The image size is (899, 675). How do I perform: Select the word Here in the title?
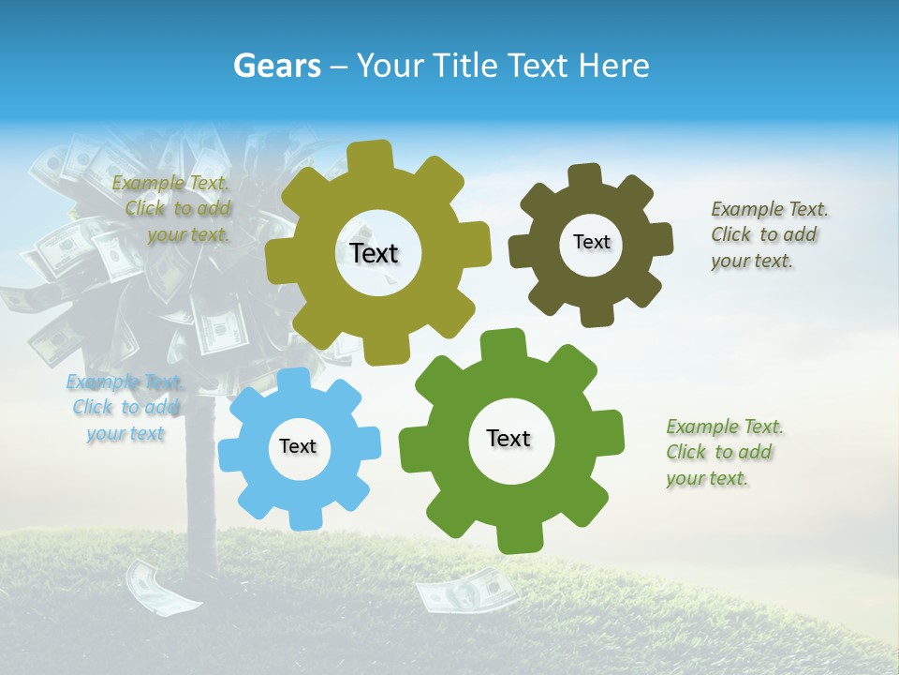pyautogui.click(x=614, y=66)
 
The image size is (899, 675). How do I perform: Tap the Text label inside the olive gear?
pyautogui.click(x=374, y=253)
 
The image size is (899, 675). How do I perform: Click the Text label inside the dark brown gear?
pyautogui.click(x=591, y=242)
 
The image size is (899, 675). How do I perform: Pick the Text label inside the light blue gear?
pyautogui.click(x=298, y=446)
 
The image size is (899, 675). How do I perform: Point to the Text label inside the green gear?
pyautogui.click(x=508, y=438)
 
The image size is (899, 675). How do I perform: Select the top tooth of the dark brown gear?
pyautogui.click(x=585, y=175)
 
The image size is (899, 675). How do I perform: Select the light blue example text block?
pyautogui.click(x=125, y=407)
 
